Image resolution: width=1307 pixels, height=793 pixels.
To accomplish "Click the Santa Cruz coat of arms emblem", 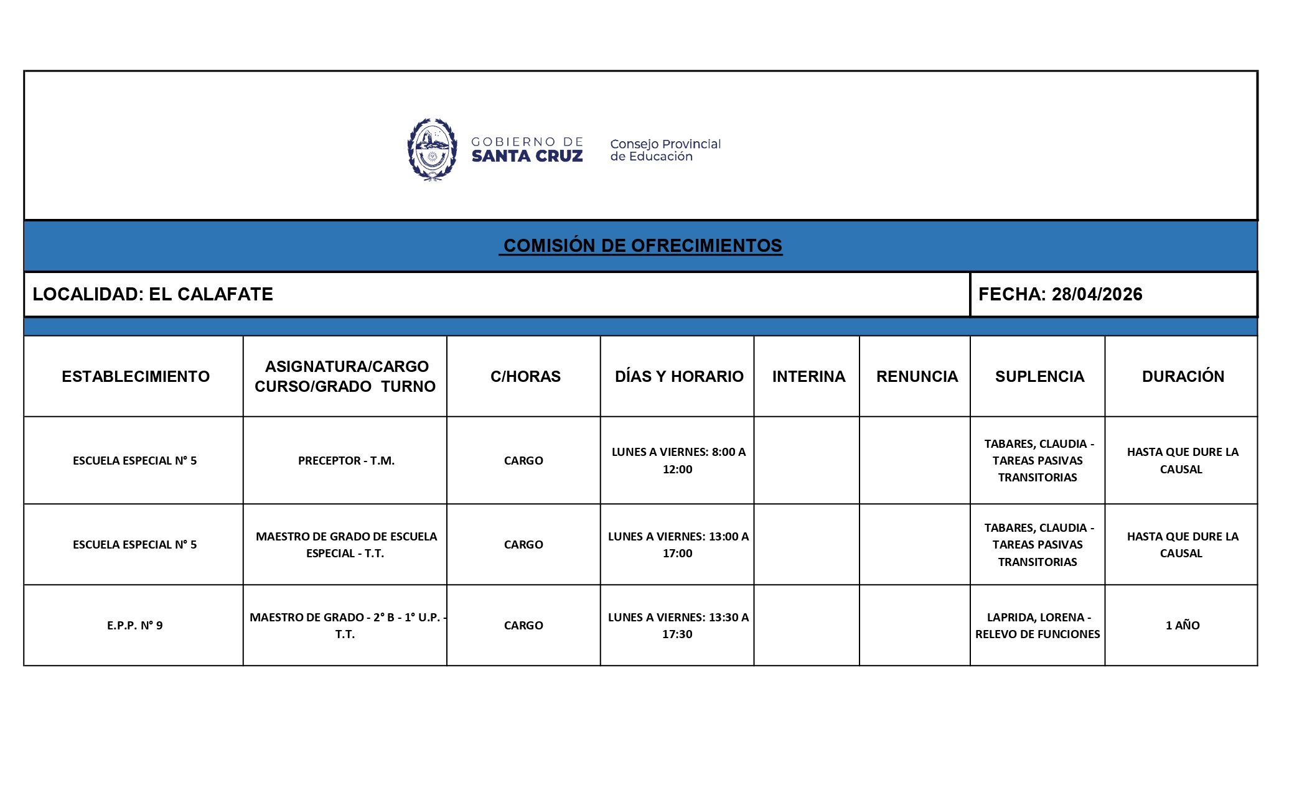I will pyautogui.click(x=432, y=149).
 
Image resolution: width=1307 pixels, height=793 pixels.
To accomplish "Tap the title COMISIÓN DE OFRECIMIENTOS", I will pyautogui.click(x=642, y=246).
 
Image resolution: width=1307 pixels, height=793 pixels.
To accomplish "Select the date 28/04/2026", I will pyautogui.click(x=1097, y=294).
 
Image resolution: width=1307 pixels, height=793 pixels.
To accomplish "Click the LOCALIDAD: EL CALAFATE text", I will pyautogui.click(x=152, y=294).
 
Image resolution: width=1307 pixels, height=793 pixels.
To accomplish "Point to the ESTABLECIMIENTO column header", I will pyautogui.click(x=136, y=376).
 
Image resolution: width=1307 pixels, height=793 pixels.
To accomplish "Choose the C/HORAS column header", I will pyautogui.click(x=525, y=376).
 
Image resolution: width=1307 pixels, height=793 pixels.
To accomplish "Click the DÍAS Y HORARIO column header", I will pyautogui.click(x=679, y=376).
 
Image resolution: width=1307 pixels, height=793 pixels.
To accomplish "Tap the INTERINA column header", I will pyautogui.click(x=808, y=376).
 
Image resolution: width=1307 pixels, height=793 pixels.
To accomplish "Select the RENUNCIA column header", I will pyautogui.click(x=917, y=376).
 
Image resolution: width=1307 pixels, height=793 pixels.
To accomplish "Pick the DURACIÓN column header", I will pyautogui.click(x=1183, y=376).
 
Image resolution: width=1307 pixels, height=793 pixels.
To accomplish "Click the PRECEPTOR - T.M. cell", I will pyautogui.click(x=346, y=461).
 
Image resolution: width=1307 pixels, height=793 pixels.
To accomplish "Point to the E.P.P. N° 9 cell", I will pyautogui.click(x=134, y=626).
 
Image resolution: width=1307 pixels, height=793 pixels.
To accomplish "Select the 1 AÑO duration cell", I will pyautogui.click(x=1182, y=626).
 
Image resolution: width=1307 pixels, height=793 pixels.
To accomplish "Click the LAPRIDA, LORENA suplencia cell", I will pyautogui.click(x=1038, y=626).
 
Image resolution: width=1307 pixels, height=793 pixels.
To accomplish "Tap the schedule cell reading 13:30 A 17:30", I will pyautogui.click(x=678, y=626).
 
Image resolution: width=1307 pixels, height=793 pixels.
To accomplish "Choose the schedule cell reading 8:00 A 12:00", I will pyautogui.click(x=678, y=461).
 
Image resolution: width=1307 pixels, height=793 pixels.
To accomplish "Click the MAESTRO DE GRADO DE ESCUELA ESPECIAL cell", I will pyautogui.click(x=346, y=545).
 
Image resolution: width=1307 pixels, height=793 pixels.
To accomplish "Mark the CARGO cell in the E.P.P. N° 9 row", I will pyautogui.click(x=523, y=626).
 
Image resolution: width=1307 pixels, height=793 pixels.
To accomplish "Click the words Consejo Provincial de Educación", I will pyautogui.click(x=665, y=150).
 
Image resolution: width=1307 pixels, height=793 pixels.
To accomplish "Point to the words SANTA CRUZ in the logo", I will pyautogui.click(x=527, y=156).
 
